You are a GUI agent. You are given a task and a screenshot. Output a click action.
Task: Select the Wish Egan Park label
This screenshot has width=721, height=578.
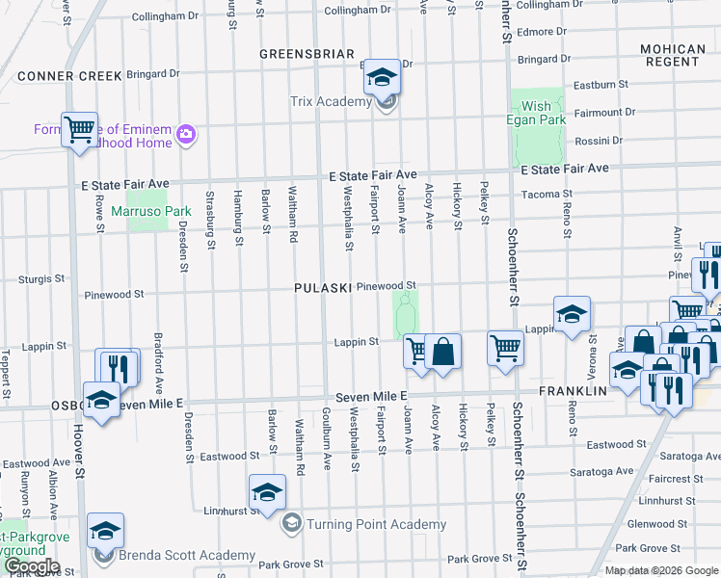(x=536, y=113)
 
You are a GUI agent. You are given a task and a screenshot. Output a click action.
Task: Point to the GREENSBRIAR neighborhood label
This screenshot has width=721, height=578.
(x=307, y=54)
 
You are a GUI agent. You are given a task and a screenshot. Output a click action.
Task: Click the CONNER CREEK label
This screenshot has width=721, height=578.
(x=69, y=76)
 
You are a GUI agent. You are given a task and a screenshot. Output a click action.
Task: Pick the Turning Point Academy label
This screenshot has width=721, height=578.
(x=376, y=525)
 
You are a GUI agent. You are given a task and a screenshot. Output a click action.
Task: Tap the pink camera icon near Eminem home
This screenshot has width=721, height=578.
(x=186, y=135)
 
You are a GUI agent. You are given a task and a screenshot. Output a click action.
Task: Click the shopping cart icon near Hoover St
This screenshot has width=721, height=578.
(x=79, y=129)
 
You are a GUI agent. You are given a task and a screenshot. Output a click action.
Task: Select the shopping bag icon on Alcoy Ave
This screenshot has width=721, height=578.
(x=443, y=351)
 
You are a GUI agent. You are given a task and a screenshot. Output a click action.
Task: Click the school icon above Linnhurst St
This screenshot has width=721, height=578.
(x=267, y=492)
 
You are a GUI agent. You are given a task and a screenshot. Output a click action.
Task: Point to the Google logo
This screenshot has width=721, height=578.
(x=31, y=566)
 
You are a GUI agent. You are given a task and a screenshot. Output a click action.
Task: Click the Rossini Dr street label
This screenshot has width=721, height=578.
(x=598, y=141)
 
